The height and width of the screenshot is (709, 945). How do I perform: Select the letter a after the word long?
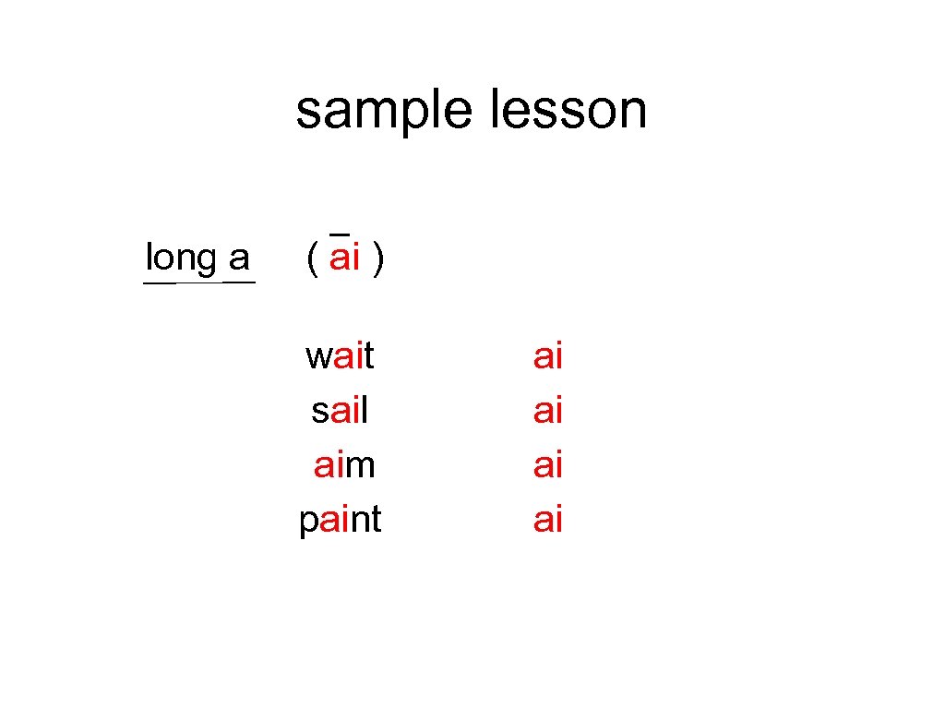tap(239, 258)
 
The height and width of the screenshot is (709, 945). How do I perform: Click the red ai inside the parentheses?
tap(344, 258)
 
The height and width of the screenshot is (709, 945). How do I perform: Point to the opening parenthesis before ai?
tap(313, 259)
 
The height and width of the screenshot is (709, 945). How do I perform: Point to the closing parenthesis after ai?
tap(378, 259)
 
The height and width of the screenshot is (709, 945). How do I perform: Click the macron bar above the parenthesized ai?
tap(339, 232)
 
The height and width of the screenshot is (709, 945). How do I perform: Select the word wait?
tap(340, 355)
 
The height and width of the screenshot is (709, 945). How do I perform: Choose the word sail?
tap(340, 410)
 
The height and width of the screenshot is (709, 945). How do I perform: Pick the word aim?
tap(344, 464)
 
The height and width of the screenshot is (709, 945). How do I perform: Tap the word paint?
tap(340, 521)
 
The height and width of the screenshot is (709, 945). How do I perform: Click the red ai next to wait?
tap(548, 355)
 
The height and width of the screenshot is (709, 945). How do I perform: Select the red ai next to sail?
tap(548, 410)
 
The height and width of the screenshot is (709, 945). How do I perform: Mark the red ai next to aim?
tap(548, 464)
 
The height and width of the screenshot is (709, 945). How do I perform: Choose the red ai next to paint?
tap(548, 520)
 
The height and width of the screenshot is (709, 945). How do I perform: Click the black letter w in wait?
tap(319, 356)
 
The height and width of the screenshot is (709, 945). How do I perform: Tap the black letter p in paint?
tap(308, 523)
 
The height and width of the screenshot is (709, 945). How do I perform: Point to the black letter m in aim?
tap(361, 466)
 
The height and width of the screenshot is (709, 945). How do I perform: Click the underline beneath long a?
tap(198, 282)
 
